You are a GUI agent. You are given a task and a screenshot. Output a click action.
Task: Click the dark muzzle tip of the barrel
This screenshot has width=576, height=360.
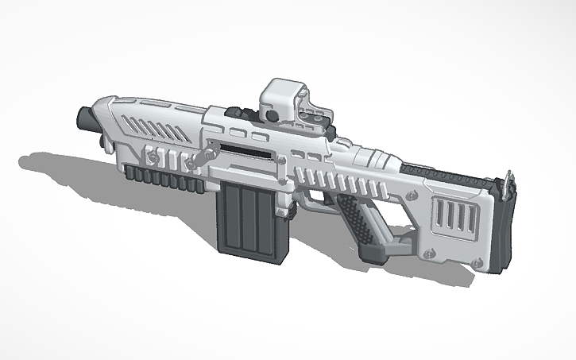tap(84, 118)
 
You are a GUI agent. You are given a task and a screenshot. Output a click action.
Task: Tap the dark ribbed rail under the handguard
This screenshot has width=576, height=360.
tap(163, 176)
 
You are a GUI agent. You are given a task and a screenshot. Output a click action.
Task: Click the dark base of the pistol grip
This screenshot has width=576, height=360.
tap(377, 254)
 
